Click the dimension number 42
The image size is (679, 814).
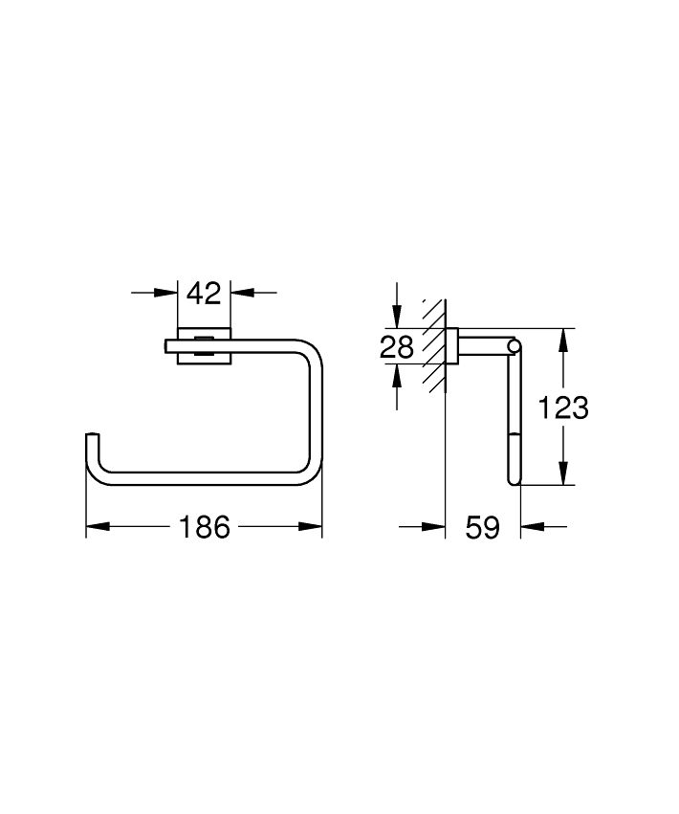[204, 294]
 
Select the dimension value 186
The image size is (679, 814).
[204, 527]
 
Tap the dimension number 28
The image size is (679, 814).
[397, 347]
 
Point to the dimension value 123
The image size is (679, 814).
[563, 407]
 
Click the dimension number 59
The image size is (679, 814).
[482, 527]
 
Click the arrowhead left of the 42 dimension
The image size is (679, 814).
[166, 293]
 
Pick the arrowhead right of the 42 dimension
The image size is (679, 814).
[242, 293]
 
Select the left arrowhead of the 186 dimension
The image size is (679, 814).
[98, 526]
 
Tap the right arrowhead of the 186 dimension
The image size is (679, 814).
[311, 526]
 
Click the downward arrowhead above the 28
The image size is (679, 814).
[397, 317]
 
